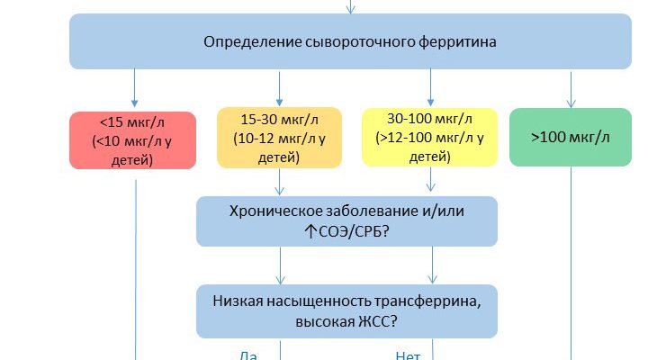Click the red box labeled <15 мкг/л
(133, 139)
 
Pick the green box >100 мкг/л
(570, 137)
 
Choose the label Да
(248, 355)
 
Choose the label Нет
(408, 355)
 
